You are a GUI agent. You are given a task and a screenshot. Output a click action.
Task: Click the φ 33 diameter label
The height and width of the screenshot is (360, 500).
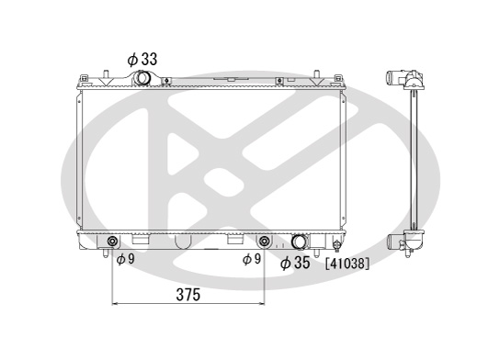[142, 60]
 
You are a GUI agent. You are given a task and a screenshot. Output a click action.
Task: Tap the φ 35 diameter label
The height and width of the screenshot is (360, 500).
[295, 263]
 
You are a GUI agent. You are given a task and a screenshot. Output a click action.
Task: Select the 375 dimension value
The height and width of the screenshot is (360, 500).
[188, 295]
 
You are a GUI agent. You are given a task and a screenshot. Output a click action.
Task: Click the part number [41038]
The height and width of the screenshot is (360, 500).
[347, 264]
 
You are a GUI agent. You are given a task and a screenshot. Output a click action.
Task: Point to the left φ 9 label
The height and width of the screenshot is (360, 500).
[126, 259]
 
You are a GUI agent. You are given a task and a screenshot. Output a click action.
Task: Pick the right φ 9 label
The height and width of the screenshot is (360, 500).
[252, 259]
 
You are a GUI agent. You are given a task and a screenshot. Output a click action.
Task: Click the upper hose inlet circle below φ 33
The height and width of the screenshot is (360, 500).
[142, 78]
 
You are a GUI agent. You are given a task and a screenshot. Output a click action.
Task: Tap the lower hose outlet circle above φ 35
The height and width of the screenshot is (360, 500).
[300, 242]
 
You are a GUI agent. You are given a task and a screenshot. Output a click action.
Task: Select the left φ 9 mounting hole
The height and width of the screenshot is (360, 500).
[112, 242]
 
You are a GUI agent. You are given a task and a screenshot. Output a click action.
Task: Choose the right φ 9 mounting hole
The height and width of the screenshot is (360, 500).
[265, 242]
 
